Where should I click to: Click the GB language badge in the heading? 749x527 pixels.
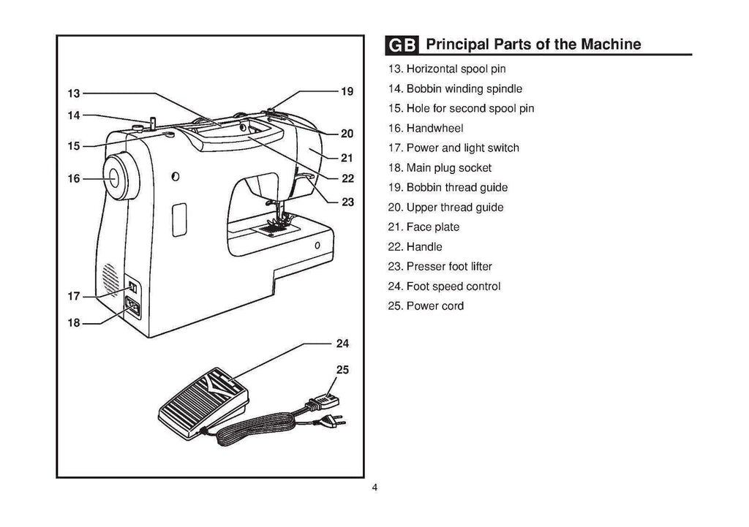coord(402,45)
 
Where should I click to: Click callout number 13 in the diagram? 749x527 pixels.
coord(73,94)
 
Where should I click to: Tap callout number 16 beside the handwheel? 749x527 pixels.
coord(73,178)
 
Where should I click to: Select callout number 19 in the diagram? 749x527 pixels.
coord(347,92)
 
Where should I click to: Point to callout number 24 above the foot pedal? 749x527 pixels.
coord(342,342)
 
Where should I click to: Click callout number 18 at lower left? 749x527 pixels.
coord(73,323)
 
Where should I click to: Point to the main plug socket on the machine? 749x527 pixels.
coord(134,308)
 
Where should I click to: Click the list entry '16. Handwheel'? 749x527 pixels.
coord(425,128)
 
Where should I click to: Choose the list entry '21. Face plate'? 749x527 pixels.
coord(424,227)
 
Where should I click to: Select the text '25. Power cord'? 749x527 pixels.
coord(426,306)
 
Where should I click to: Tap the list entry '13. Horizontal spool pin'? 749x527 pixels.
coord(446,69)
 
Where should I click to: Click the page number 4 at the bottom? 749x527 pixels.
coord(374,488)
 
